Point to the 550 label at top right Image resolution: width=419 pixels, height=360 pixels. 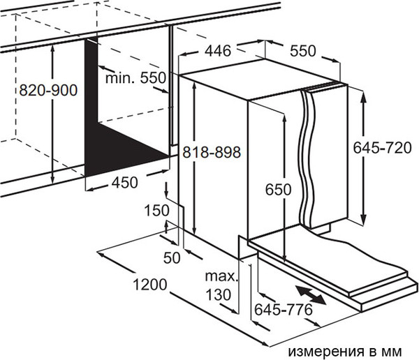tap(303, 51)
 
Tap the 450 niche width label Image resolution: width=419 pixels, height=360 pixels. tap(124, 182)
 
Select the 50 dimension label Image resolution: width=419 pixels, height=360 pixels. tap(171, 258)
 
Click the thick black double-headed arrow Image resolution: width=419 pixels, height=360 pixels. tap(309, 294)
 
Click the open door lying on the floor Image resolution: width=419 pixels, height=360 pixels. tap(349, 269)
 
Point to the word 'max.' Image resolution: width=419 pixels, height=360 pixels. tap(221, 277)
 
